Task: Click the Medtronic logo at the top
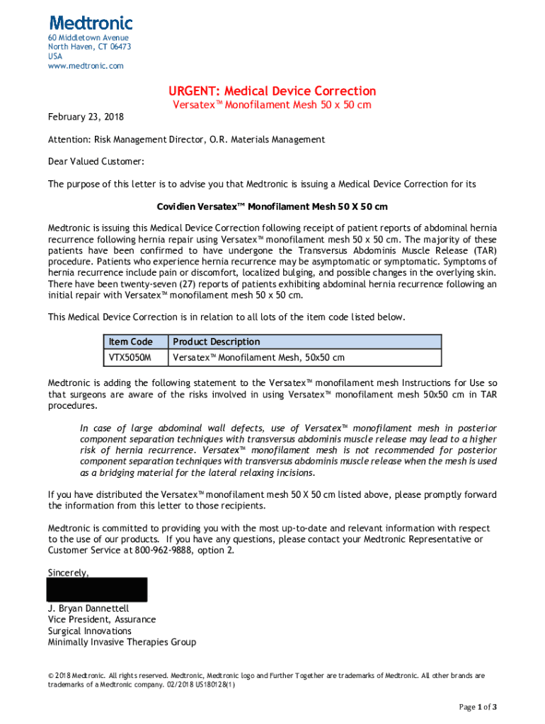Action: pyautogui.click(x=91, y=23)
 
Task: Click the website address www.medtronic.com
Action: pyautogui.click(x=86, y=66)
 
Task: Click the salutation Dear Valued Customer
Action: pyautogui.click(x=96, y=162)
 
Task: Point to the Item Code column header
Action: pyautogui.click(x=131, y=341)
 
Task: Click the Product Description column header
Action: pyautogui.click(x=217, y=341)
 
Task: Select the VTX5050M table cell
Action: pyautogui.click(x=130, y=358)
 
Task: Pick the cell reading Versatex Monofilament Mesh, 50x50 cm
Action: pyautogui.click(x=259, y=358)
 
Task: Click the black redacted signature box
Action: pyautogui.click(x=97, y=590)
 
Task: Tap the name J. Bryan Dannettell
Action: pyautogui.click(x=88, y=608)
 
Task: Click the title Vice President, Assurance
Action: pyautogui.click(x=102, y=619)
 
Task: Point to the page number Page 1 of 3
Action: pyautogui.click(x=478, y=707)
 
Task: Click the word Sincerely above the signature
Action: pyautogui.click(x=68, y=572)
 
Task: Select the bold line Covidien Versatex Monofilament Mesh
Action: pyautogui.click(x=272, y=207)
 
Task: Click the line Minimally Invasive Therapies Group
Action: pyautogui.click(x=122, y=643)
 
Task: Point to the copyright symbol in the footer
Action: pyautogui.click(x=51, y=676)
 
